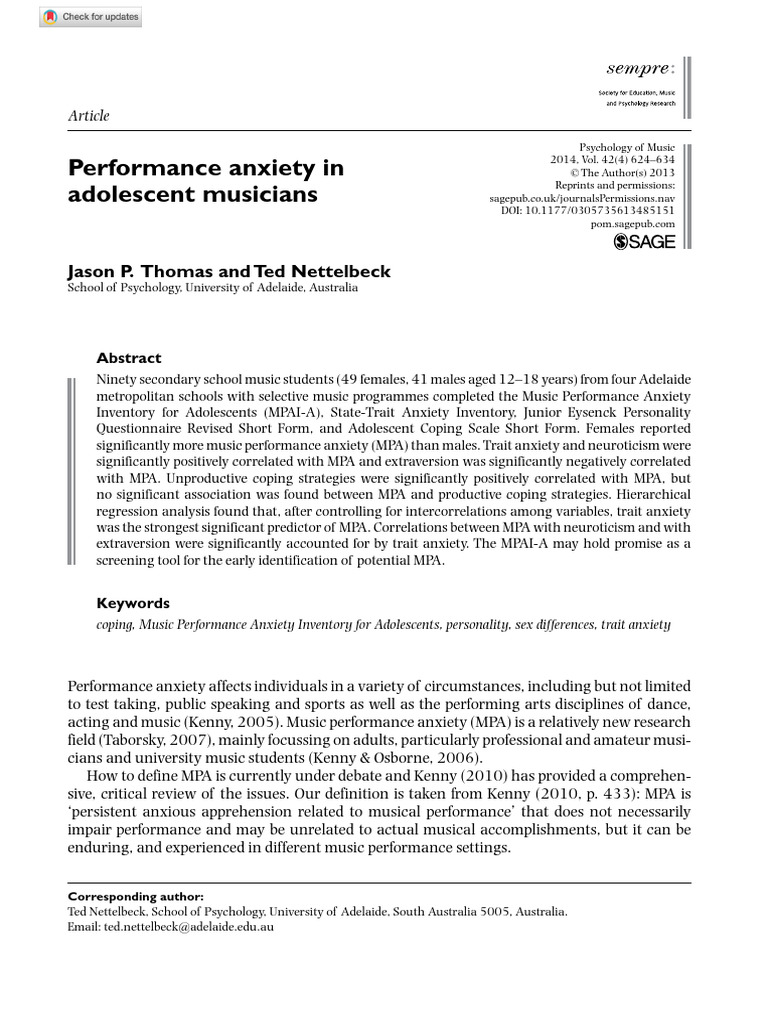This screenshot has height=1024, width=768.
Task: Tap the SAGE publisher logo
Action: point(644,240)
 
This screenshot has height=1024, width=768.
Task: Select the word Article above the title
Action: point(89,115)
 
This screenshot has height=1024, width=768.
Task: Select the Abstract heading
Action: point(128,358)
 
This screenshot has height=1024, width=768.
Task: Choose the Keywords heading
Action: point(133,603)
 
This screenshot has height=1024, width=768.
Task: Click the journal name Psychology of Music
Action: point(627,147)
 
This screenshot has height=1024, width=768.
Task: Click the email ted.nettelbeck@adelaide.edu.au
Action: point(187,926)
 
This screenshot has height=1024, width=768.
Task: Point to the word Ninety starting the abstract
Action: point(118,380)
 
